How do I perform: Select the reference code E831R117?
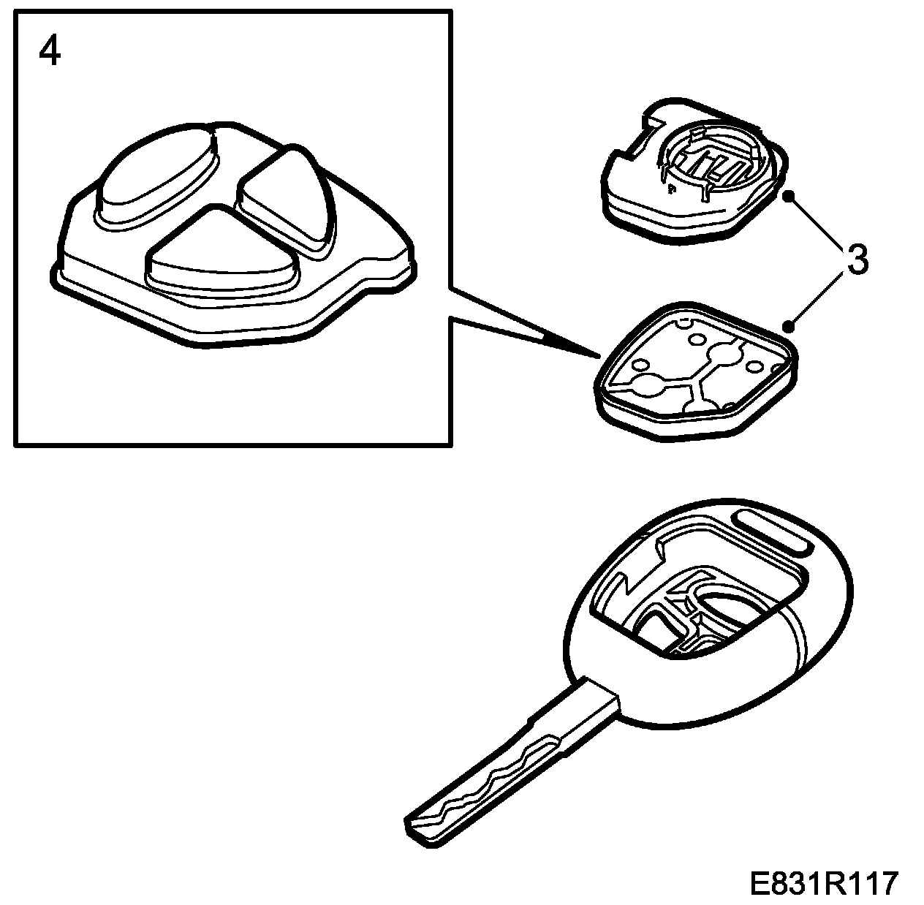(x=822, y=884)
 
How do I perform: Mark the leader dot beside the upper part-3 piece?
(x=788, y=196)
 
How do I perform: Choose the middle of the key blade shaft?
(x=504, y=760)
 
